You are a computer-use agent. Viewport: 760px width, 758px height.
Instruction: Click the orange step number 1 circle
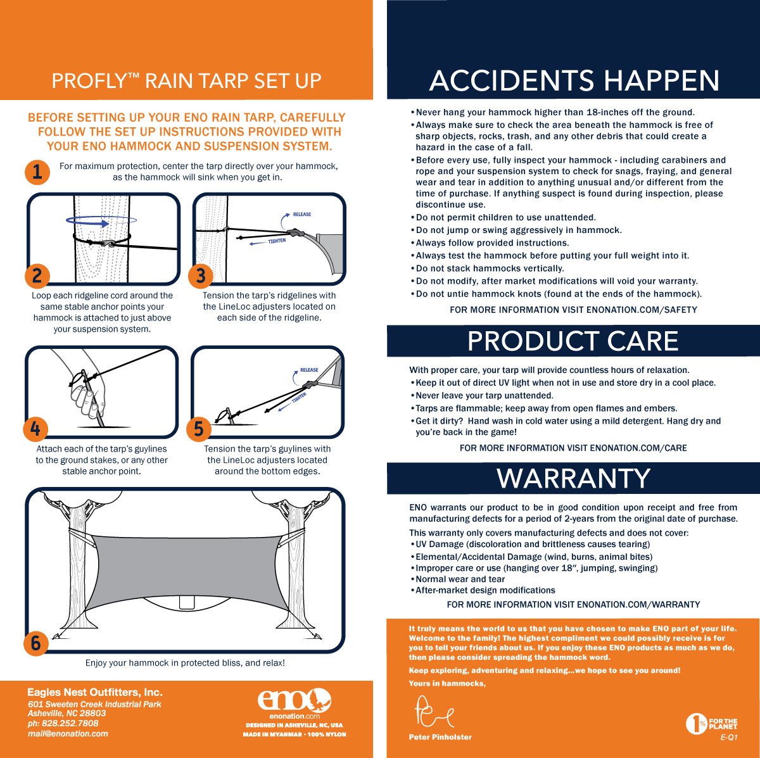(x=37, y=172)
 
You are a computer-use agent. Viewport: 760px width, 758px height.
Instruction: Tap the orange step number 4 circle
(x=35, y=429)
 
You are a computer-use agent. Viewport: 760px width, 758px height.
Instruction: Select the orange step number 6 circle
(x=35, y=643)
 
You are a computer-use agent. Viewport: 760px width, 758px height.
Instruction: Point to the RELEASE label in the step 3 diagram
(x=301, y=214)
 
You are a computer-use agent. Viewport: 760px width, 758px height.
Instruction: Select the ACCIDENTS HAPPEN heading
(x=574, y=81)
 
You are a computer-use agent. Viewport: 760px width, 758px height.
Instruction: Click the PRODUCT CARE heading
(x=573, y=341)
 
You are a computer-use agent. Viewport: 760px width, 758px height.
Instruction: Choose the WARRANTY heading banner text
(x=573, y=479)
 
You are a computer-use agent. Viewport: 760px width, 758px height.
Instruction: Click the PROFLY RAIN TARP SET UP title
(x=186, y=81)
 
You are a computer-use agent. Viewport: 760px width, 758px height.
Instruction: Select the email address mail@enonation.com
(x=68, y=734)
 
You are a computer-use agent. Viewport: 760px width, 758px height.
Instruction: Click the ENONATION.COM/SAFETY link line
(x=573, y=310)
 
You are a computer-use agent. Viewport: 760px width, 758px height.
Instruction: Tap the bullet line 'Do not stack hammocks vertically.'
(x=490, y=268)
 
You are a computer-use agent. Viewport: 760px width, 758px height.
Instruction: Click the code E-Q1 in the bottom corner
(x=729, y=738)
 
